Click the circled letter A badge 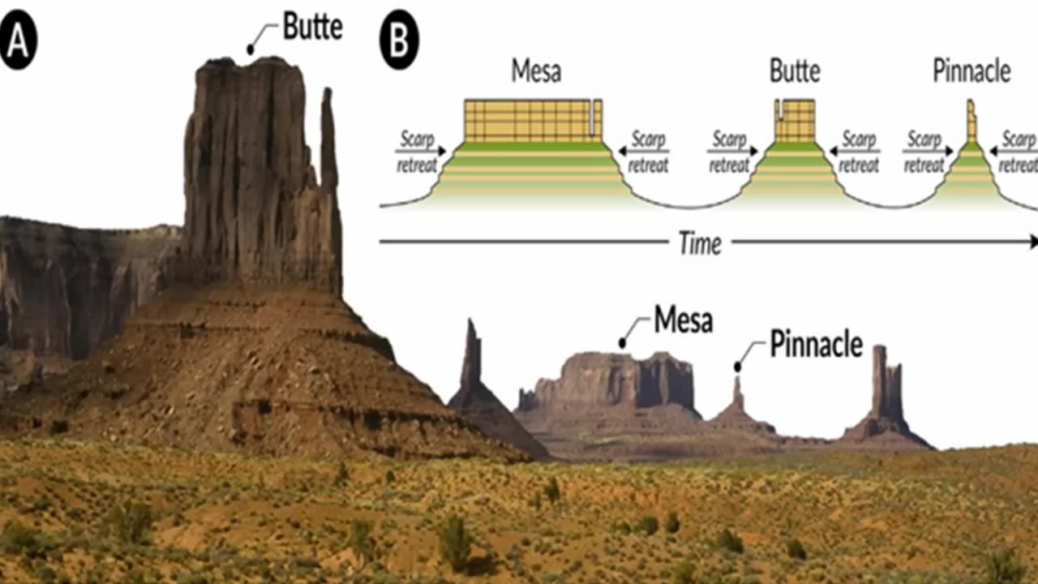point(18,42)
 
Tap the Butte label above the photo point(312,27)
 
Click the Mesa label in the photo point(683,320)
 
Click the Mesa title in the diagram point(536,71)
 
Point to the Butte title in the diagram point(795,71)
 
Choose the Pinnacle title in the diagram point(972,71)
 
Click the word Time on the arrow point(700,243)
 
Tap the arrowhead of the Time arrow point(1032,241)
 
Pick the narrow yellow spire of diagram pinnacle point(972,122)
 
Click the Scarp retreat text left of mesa point(417,152)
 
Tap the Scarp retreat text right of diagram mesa point(648,152)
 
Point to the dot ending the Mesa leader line point(622,343)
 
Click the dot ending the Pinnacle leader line point(737,367)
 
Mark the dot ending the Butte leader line point(250,49)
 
